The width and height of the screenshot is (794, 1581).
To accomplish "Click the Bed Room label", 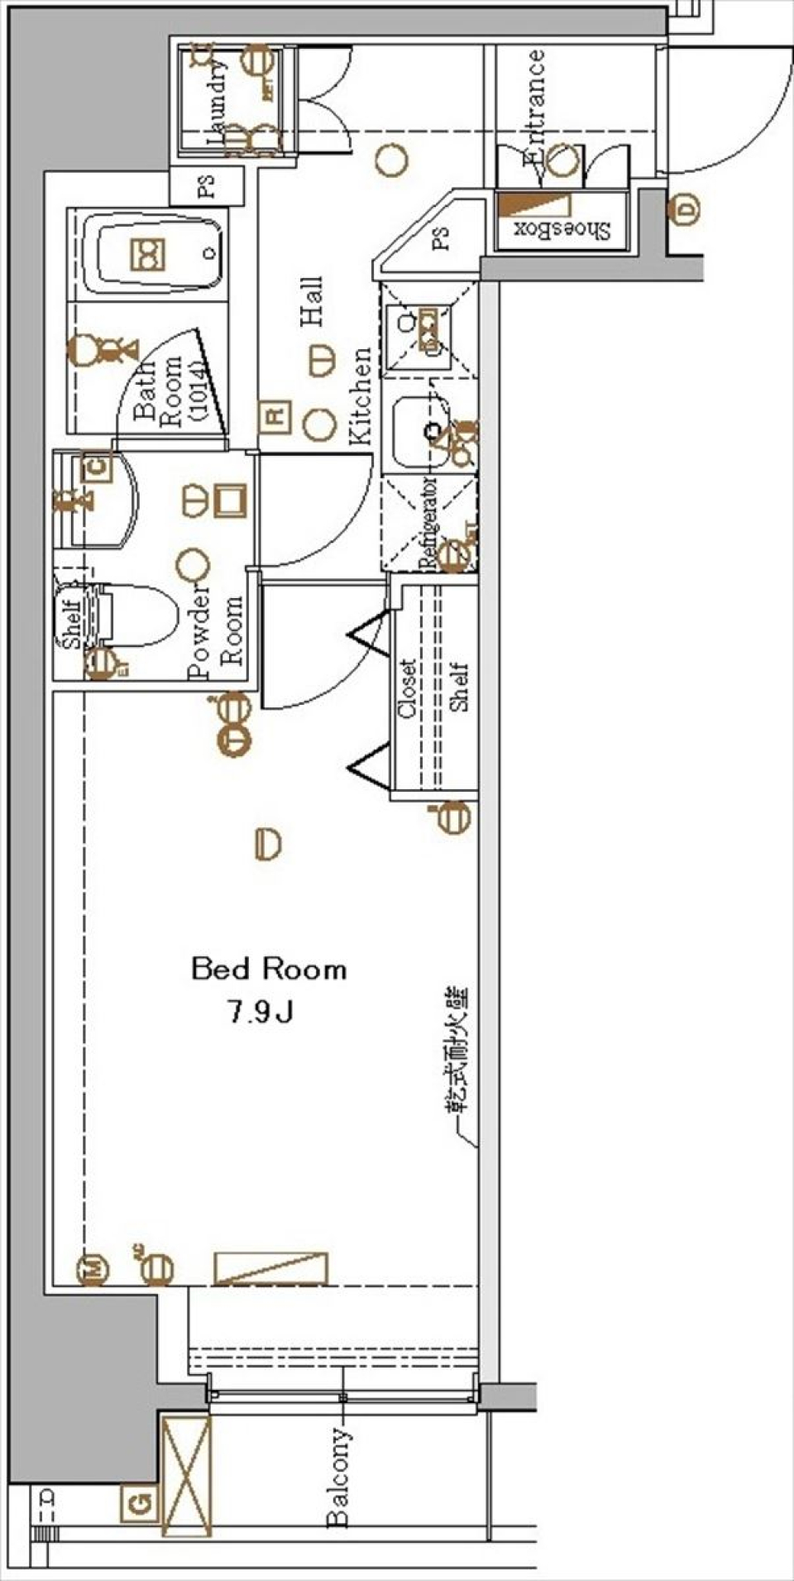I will coord(269,969).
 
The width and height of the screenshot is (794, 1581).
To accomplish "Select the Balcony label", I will coord(339,1477).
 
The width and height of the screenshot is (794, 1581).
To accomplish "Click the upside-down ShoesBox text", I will coord(563,229).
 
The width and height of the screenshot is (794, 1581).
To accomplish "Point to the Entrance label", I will coord(533,108).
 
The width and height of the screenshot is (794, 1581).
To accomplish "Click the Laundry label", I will coord(217,103).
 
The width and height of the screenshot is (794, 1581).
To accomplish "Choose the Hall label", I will coord(312,302).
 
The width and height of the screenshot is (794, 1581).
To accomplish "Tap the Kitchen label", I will coord(361,397).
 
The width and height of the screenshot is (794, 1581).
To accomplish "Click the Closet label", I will coord(408,688).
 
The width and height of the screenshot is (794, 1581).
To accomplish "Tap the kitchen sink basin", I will coord(419,431).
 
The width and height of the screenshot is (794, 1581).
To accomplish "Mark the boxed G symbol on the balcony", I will coord(140,1502).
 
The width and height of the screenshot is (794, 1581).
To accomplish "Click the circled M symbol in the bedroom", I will coord(93,1270).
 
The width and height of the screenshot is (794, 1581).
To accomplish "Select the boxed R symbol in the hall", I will coord(275,415).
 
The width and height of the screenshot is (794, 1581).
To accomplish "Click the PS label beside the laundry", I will coord(207,187).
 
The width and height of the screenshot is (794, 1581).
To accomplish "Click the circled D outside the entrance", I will coord(686,209).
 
